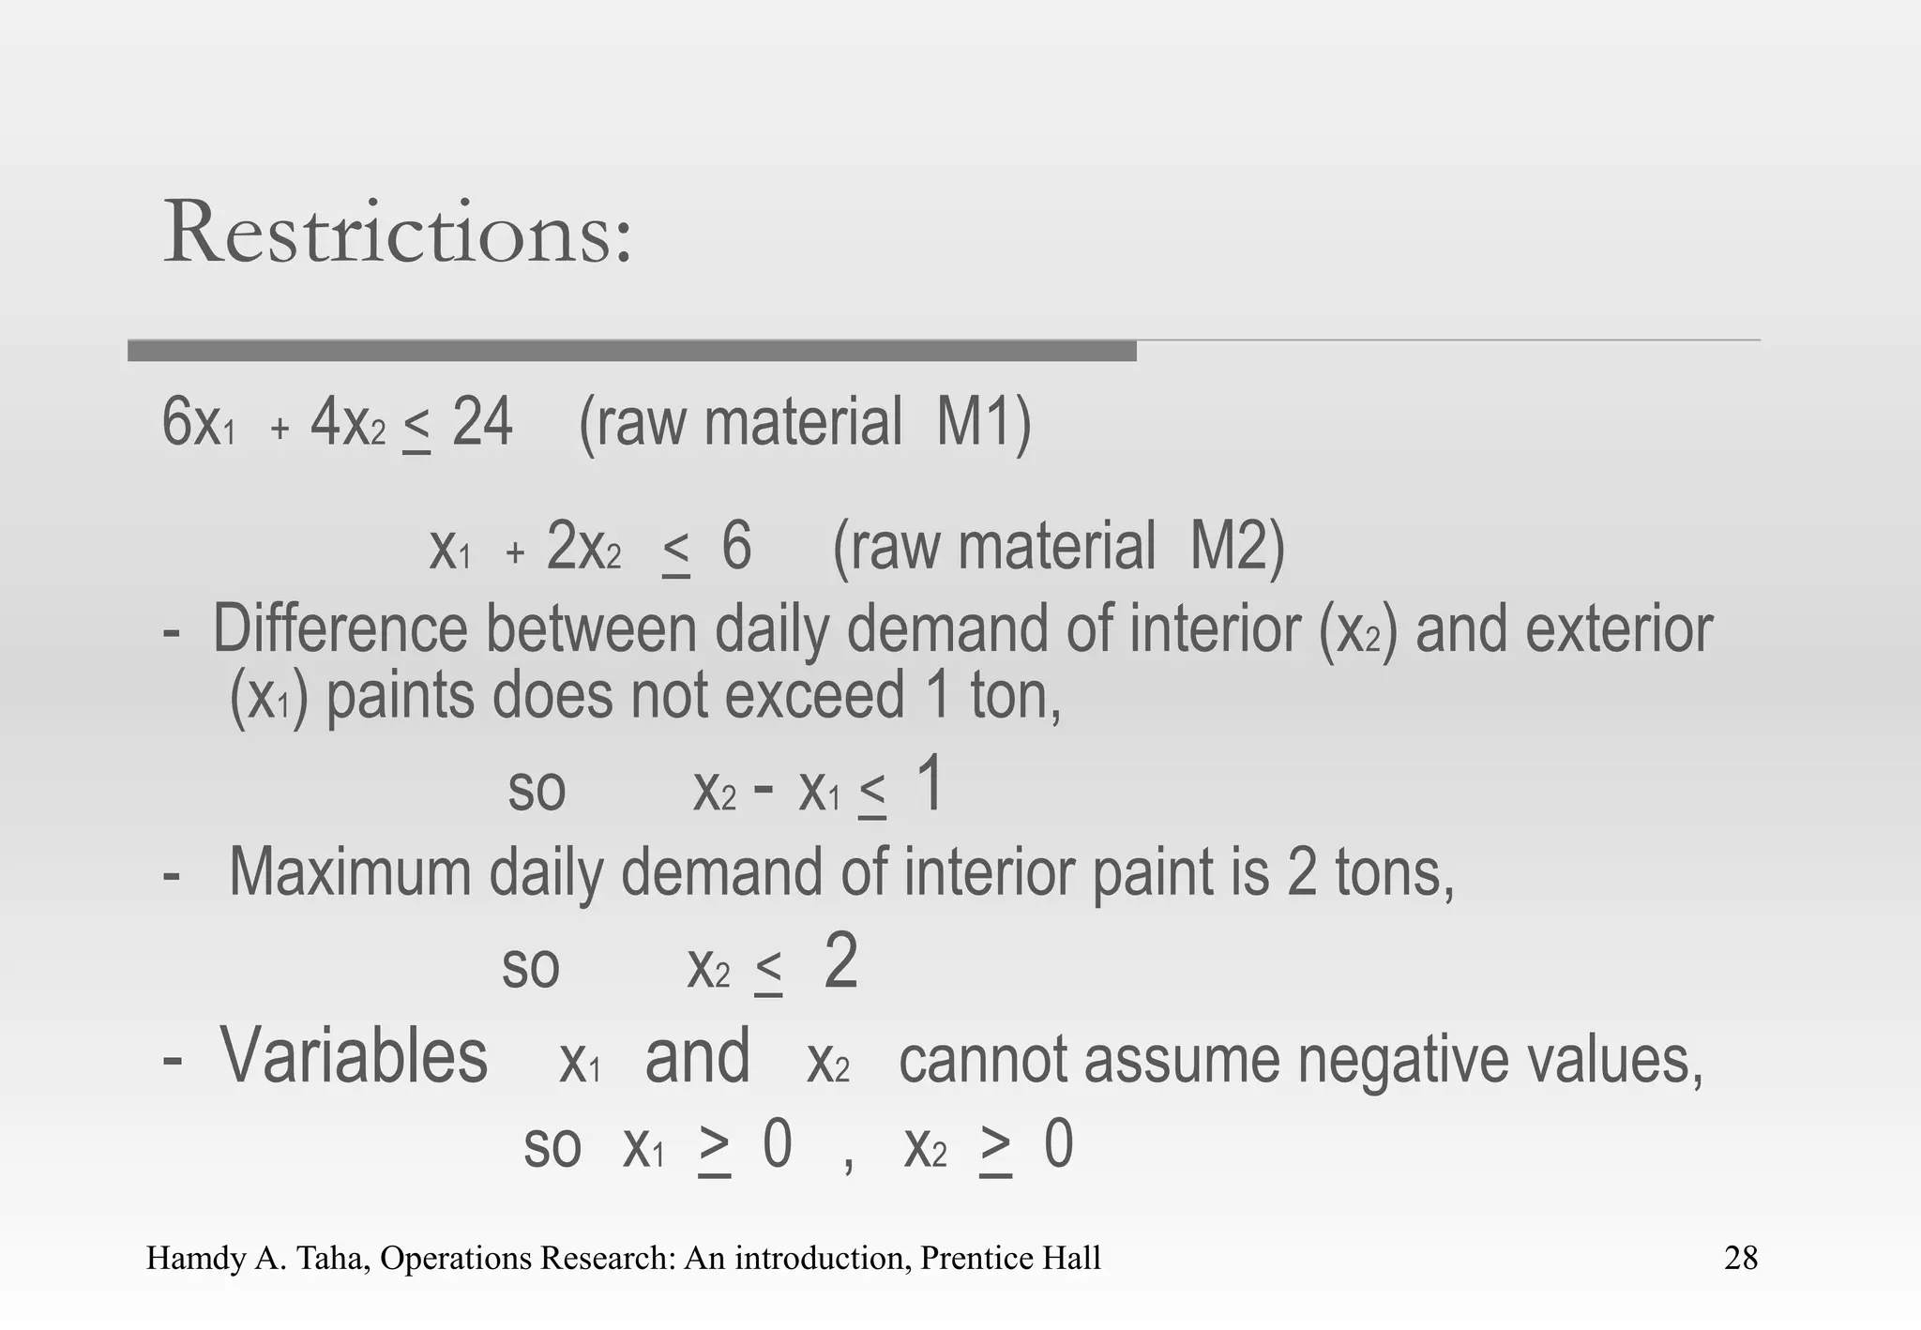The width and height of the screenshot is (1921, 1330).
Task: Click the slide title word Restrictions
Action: coord(397,233)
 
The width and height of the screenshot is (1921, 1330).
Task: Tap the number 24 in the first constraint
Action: coord(482,423)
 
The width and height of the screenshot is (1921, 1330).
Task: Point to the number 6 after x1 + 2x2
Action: coord(736,547)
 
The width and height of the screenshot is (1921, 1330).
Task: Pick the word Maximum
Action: coord(350,872)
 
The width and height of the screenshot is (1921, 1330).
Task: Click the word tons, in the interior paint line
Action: coord(1394,872)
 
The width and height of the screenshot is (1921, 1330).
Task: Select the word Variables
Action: coord(354,1057)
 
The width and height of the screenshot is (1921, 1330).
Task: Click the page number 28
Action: coord(1740,1258)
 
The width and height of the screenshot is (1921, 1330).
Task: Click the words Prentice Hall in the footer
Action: coord(1010,1258)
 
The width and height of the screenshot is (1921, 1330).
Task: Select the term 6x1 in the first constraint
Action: coord(198,423)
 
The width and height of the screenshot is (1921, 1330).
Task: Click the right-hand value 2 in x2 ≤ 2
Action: coord(840,962)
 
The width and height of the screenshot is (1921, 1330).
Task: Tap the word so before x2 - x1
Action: coord(537,791)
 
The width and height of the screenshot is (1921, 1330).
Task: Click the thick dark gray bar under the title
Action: coord(632,351)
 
